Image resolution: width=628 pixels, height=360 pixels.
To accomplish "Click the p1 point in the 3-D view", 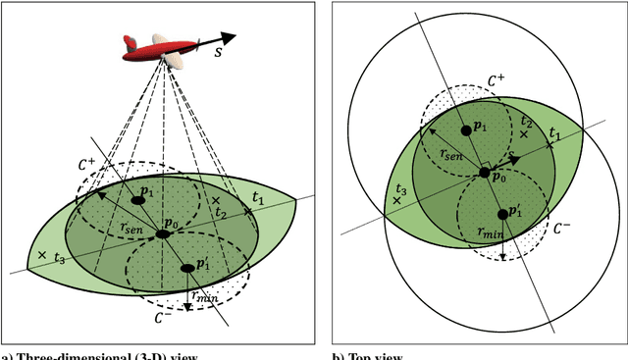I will [x=138, y=200].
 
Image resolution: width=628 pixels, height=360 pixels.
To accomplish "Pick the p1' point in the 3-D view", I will [x=188, y=267].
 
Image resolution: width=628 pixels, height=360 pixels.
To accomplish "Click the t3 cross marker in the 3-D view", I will [x=41, y=255].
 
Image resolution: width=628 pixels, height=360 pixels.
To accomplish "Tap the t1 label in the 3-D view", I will [x=258, y=198].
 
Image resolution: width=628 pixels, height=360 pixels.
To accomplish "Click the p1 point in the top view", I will [x=466, y=129].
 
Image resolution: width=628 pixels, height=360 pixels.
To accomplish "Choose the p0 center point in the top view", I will [x=484, y=173].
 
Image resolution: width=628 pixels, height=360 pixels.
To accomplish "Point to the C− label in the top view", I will [x=561, y=229].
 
